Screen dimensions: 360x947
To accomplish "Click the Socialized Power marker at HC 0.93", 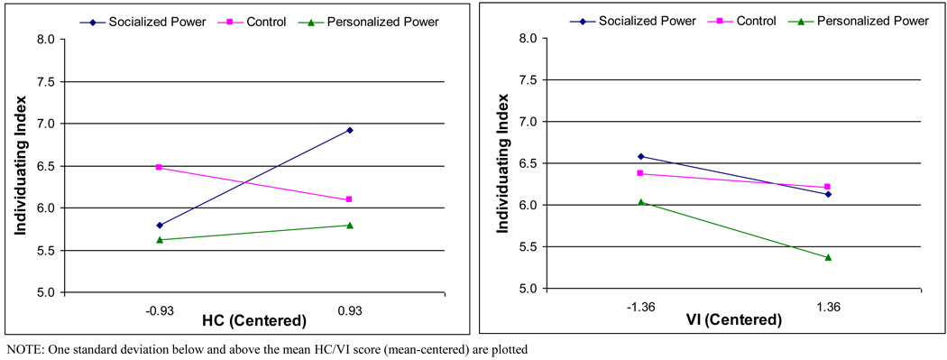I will click(350, 130).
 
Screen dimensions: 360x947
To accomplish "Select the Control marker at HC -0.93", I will click(160, 167).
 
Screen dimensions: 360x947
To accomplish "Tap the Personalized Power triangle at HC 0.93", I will click(350, 225).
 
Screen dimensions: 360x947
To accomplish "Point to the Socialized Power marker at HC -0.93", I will click(160, 226).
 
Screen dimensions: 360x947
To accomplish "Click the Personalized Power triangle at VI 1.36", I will click(827, 257).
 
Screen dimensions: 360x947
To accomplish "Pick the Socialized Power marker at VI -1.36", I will click(641, 156).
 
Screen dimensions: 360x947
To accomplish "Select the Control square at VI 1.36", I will click(827, 187).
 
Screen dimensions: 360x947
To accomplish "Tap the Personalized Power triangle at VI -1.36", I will click(641, 202).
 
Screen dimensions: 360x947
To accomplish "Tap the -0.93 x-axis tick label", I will click(160, 310).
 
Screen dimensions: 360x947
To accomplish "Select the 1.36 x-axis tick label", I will click(827, 307).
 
